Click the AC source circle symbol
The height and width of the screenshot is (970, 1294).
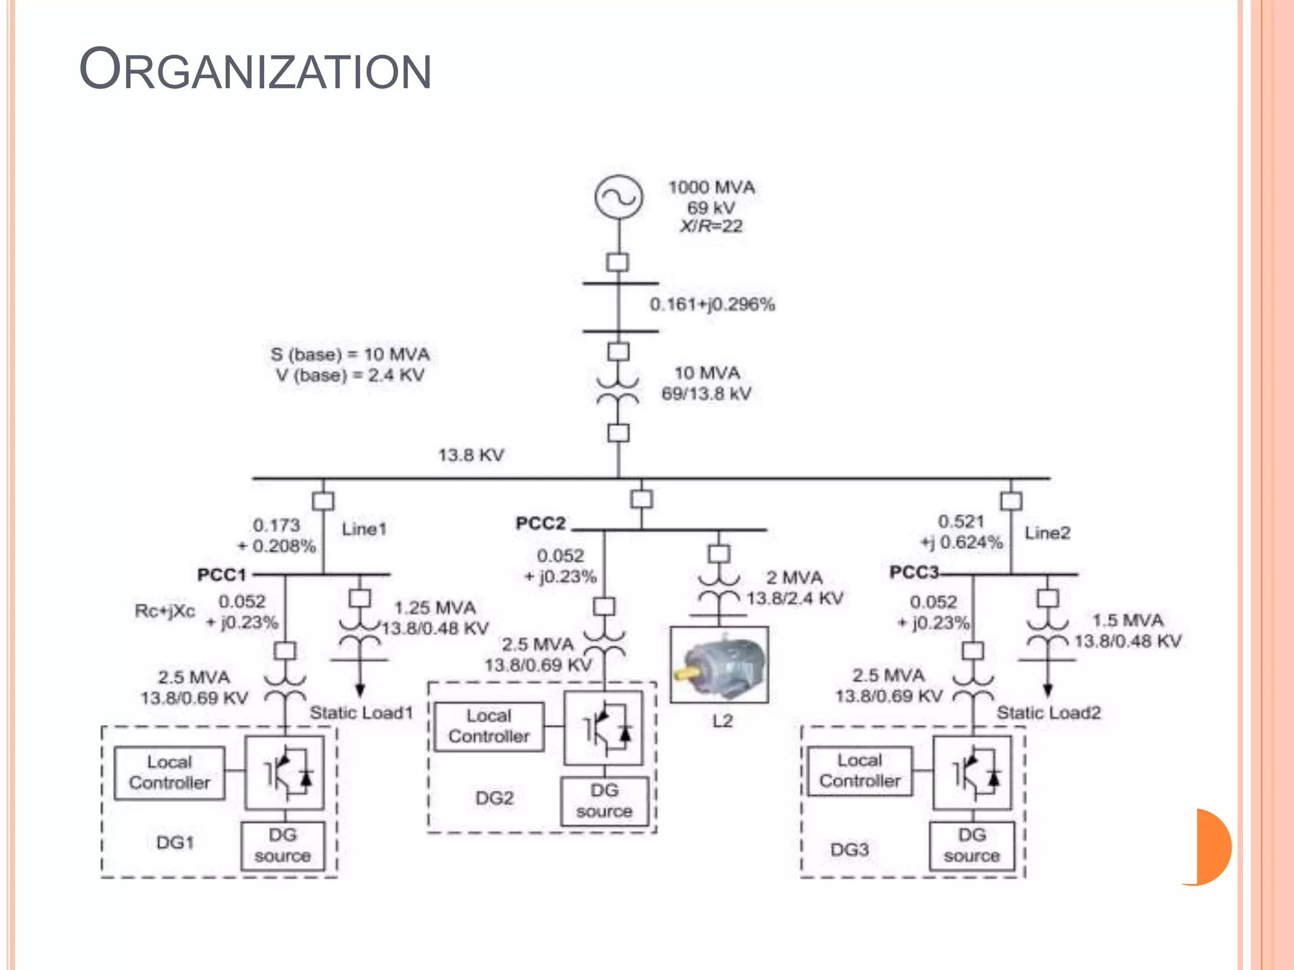[619, 197]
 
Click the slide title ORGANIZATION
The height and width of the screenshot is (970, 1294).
[255, 69]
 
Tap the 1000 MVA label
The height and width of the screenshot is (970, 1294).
[711, 188]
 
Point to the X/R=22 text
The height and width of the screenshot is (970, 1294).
[711, 226]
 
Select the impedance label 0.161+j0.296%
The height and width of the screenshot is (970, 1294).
[712, 304]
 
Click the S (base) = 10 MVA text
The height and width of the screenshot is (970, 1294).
[350, 354]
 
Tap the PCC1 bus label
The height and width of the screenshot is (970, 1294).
[221, 575]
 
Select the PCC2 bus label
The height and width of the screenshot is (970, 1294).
[540, 524]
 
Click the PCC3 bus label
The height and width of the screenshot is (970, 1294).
[914, 572]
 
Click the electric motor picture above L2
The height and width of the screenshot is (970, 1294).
[719, 664]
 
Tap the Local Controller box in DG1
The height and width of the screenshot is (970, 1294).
[169, 773]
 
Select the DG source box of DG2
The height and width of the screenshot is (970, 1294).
[604, 801]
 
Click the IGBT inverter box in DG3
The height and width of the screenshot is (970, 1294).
[972, 773]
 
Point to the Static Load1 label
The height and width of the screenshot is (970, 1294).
[361, 713]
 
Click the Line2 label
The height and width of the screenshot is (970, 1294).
[1047, 533]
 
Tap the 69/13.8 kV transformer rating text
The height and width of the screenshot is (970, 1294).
[706, 394]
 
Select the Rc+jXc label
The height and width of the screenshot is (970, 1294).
[164, 611]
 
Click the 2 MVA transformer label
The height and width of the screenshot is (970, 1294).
[794, 578]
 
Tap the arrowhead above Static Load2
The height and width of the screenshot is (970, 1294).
[1048, 690]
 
